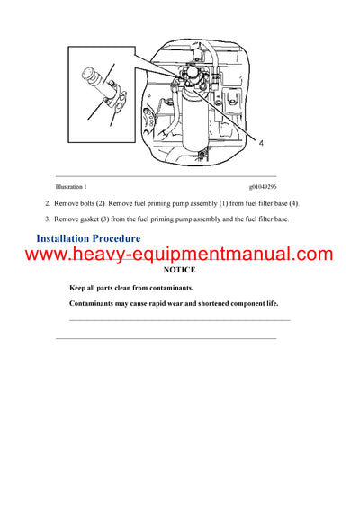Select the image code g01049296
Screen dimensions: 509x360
(258, 186)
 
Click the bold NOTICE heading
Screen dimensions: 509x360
(179, 270)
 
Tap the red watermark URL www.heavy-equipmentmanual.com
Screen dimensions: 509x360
(179, 254)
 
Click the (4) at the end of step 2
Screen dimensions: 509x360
(294, 204)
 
